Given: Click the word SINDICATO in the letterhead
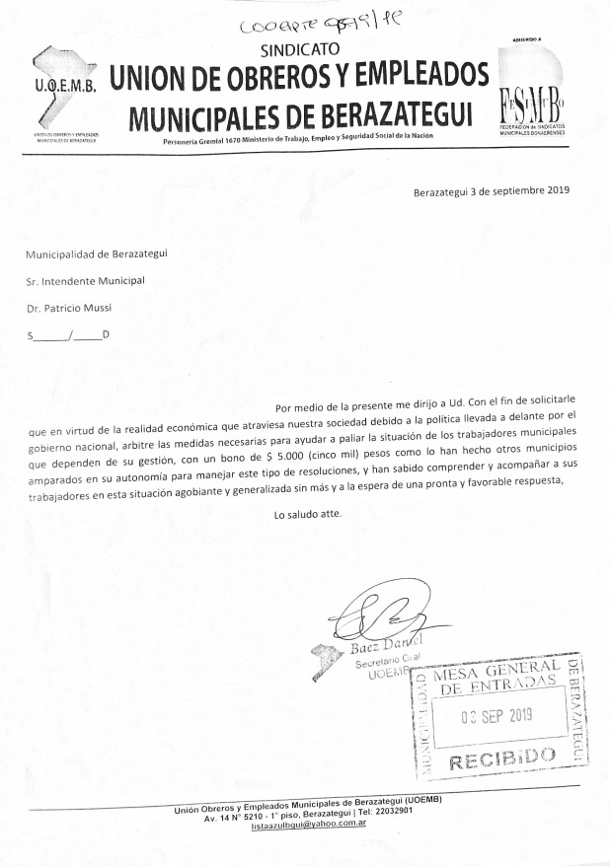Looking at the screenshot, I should pyautogui.click(x=300, y=48).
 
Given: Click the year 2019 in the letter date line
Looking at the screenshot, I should pyautogui.click(x=558, y=190).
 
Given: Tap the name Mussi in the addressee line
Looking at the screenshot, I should pyautogui.click(x=96, y=307).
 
